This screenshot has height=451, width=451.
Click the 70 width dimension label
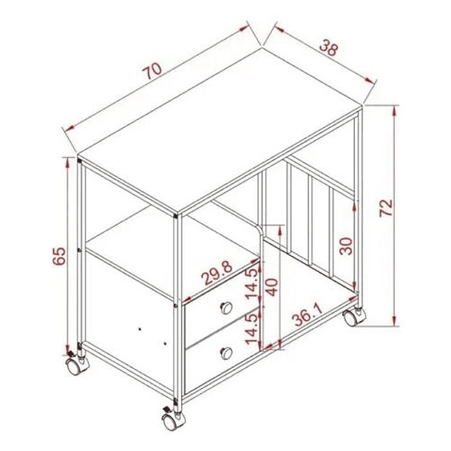point(152,71)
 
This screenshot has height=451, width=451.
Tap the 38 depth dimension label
point(328,48)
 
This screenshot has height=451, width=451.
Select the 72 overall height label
point(385,208)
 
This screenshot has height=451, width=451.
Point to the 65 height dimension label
point(59,256)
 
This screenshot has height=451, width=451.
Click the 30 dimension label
point(346,246)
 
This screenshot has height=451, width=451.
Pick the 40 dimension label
point(271,288)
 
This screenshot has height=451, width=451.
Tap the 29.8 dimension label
point(217,273)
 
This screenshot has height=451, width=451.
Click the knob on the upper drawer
point(226,308)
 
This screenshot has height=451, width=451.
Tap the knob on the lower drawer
point(226,353)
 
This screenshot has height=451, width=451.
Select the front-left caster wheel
point(76,364)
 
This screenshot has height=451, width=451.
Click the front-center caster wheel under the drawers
point(173,420)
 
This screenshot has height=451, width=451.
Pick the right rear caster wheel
point(354,316)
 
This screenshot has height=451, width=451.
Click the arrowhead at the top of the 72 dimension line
point(395,111)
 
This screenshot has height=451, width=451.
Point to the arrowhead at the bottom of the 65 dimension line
point(68,347)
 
